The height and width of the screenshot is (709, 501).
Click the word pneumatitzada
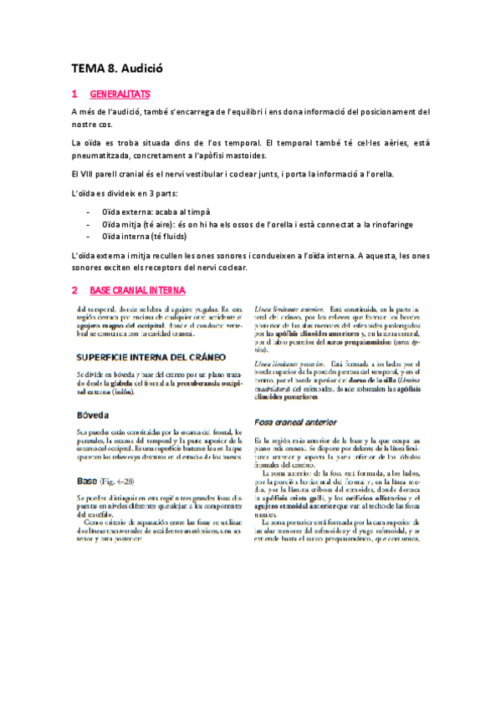[106, 156]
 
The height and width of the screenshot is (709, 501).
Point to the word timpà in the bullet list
[197, 212]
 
